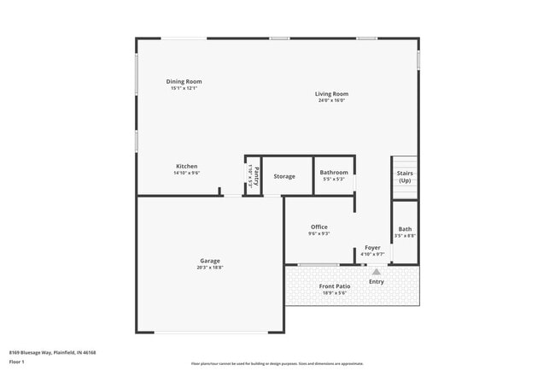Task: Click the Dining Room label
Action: (x=184, y=82)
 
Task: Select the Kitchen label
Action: (x=187, y=166)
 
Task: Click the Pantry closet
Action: (x=253, y=176)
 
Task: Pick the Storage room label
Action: (x=284, y=176)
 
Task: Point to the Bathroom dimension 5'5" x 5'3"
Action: (x=334, y=180)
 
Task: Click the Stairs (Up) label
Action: (x=405, y=177)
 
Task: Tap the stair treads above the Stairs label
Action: (x=404, y=162)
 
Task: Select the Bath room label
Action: (x=405, y=228)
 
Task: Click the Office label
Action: (x=318, y=227)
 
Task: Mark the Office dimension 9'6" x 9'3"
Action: (x=318, y=233)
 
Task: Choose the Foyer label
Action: (x=372, y=247)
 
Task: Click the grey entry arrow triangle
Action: (x=376, y=271)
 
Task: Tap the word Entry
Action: (x=376, y=281)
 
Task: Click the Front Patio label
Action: (x=335, y=286)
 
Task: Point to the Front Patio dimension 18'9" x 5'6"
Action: (x=335, y=293)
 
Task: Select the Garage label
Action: (x=210, y=261)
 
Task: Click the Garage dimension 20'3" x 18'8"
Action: (x=210, y=268)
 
